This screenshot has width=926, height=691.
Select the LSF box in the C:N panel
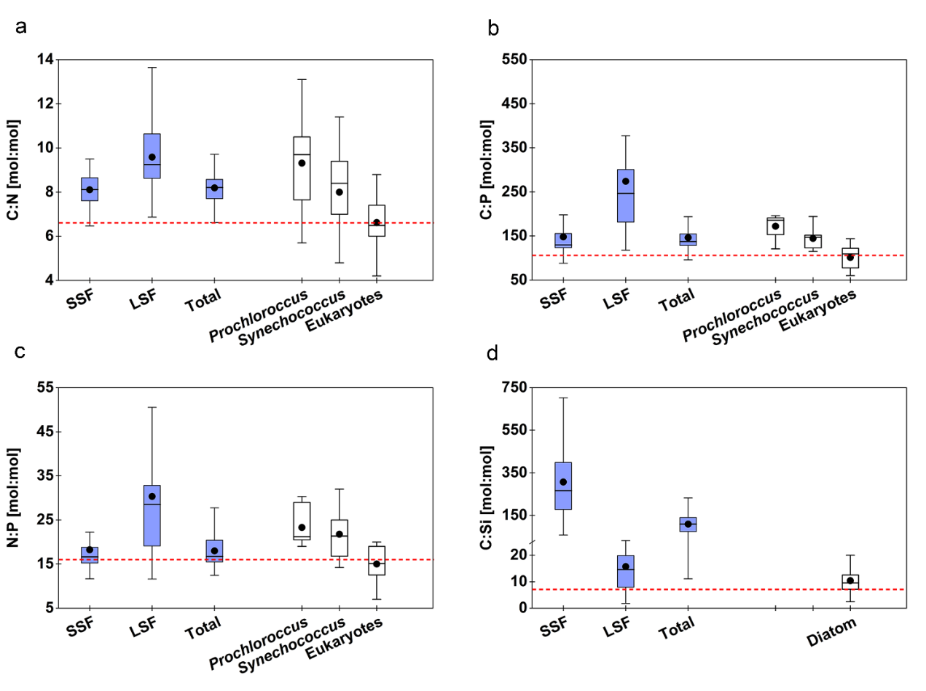(152, 156)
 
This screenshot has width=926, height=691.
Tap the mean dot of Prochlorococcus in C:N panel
(302, 163)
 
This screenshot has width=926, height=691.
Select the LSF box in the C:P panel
(625, 195)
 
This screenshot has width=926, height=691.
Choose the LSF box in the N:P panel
(152, 516)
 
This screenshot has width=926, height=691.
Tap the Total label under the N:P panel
(203, 625)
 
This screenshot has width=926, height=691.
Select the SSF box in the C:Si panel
(562, 486)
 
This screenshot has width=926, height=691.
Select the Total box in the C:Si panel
(687, 524)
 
